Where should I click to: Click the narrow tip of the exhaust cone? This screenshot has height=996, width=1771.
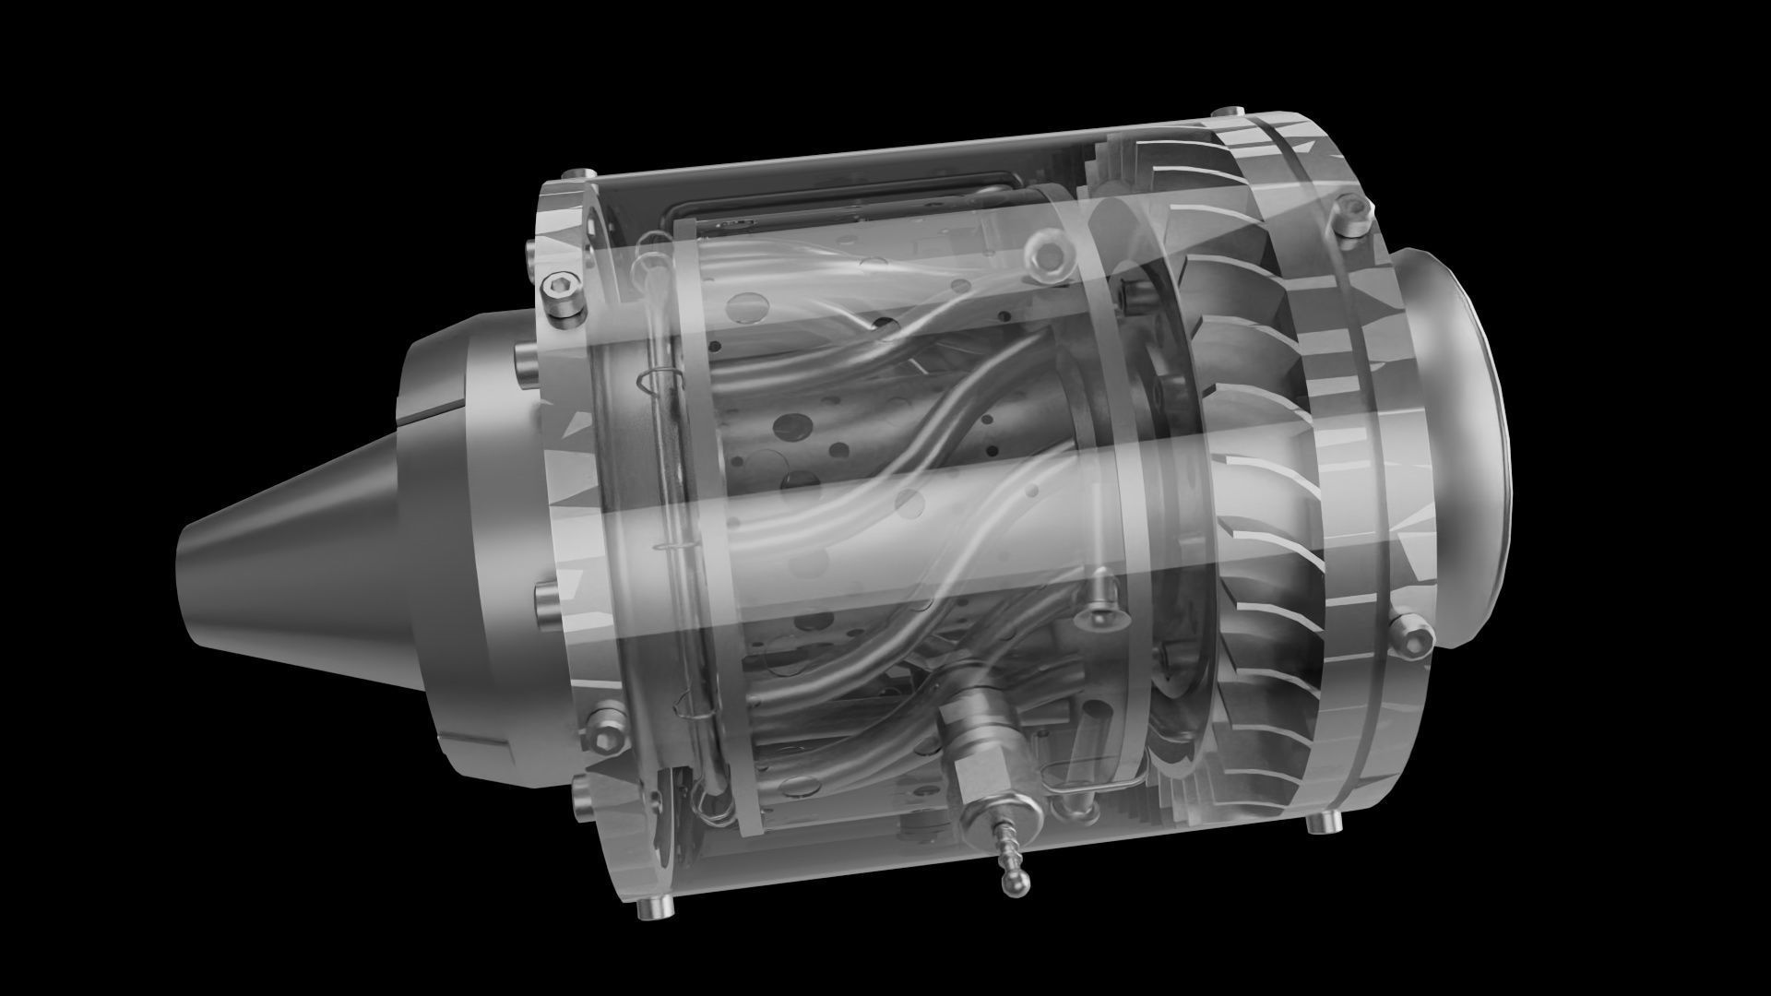point(189,581)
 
